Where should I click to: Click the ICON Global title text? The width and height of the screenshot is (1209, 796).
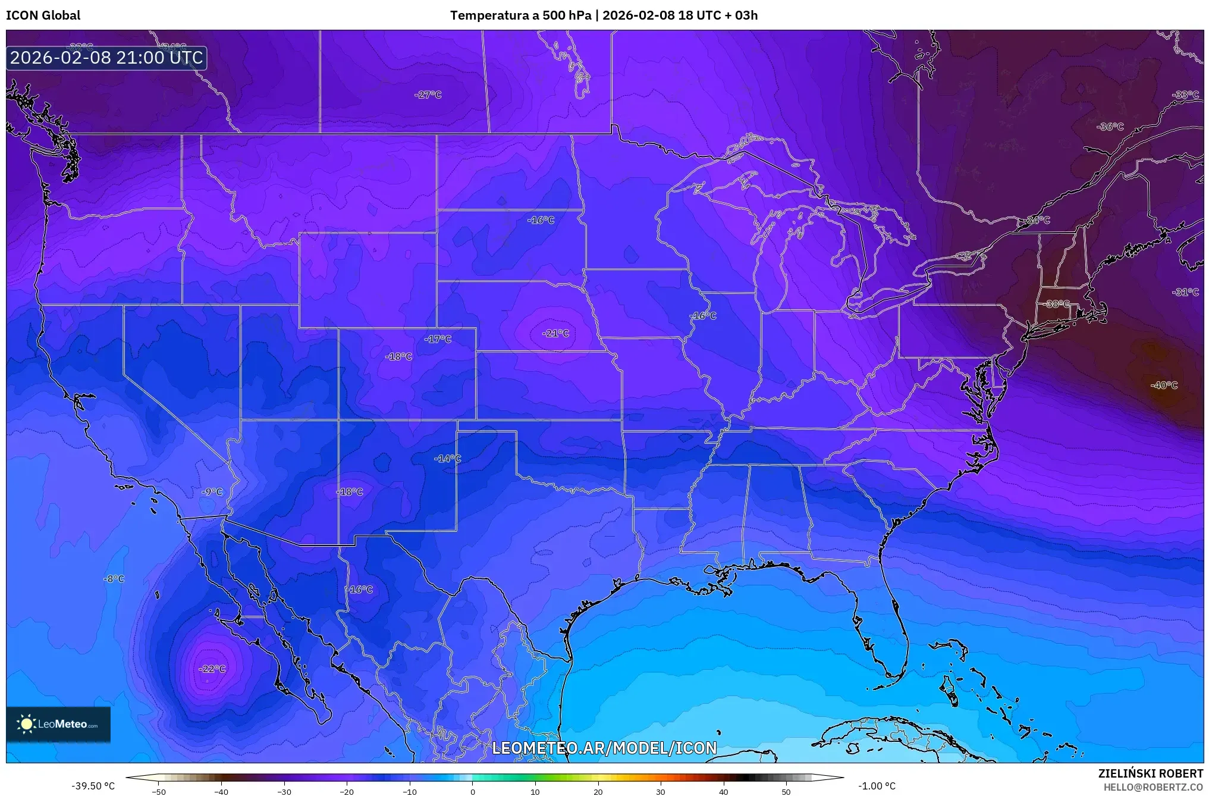click(x=43, y=15)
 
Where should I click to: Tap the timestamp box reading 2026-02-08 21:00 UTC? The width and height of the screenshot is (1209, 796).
click(x=106, y=58)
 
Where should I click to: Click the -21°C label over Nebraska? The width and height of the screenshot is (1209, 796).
click(x=555, y=333)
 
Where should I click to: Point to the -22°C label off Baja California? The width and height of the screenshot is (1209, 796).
click(x=212, y=669)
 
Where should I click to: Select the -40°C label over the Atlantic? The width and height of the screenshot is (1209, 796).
click(x=1163, y=385)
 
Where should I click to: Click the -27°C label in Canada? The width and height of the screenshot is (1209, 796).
click(x=428, y=95)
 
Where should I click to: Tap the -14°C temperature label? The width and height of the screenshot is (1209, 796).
click(x=447, y=458)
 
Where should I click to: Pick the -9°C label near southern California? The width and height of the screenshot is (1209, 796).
click(x=212, y=491)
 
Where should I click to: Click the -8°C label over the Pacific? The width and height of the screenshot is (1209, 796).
click(x=114, y=578)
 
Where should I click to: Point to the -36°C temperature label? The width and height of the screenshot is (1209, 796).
click(x=1110, y=126)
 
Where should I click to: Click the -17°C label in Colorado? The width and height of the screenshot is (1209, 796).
click(x=438, y=339)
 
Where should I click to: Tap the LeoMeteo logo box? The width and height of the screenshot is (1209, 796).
click(x=58, y=724)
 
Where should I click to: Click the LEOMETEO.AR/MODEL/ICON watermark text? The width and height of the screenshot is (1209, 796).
click(x=604, y=748)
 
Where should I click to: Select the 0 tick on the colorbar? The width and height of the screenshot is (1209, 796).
click(x=473, y=791)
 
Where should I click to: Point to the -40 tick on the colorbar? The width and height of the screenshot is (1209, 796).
click(x=221, y=791)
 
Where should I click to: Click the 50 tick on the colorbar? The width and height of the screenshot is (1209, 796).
click(x=786, y=791)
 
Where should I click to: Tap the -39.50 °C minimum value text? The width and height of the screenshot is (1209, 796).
click(x=93, y=786)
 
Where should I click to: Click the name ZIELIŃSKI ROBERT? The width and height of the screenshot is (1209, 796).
click(x=1150, y=773)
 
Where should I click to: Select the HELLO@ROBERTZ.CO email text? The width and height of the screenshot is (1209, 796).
click(x=1153, y=787)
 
